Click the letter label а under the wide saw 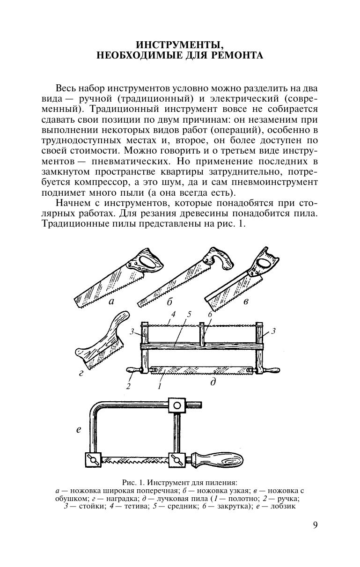[111, 302]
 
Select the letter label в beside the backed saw [246, 302]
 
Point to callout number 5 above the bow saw [189, 315]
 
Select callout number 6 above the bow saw [210, 315]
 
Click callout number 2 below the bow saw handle [127, 386]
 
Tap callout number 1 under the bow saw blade [160, 387]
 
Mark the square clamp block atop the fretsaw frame [176, 405]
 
